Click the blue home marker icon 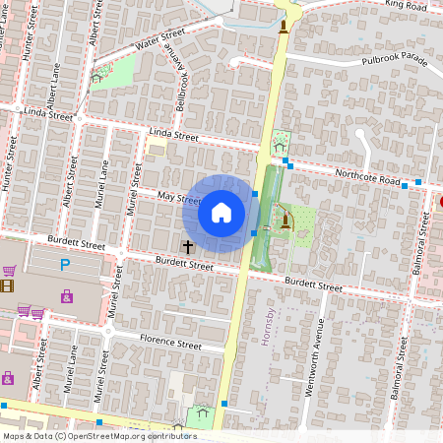click(221, 213)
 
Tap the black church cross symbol click(187, 246)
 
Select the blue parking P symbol click(66, 264)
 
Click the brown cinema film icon click(8, 286)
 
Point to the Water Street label click(159, 39)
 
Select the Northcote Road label click(363, 180)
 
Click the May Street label click(179, 199)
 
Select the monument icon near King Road click(285, 26)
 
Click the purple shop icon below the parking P click(67, 296)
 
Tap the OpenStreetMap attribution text click(98, 436)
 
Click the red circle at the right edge click(441, 202)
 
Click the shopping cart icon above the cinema click(9, 271)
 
